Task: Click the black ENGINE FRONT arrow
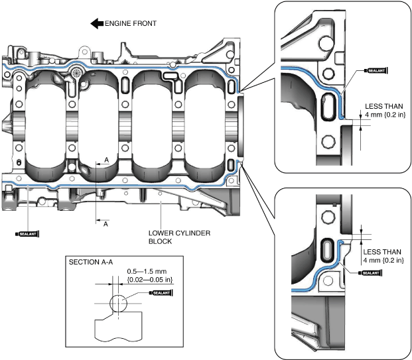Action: pos(97,24)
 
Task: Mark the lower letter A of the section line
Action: pos(105,223)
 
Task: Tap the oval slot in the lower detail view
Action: pos(327,253)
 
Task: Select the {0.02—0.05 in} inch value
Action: pos(150,280)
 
